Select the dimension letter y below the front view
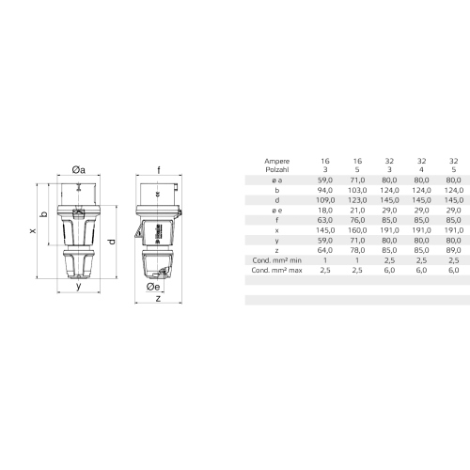point(78,288)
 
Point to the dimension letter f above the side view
point(159,169)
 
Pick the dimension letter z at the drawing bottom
point(157,301)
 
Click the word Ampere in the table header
point(276,161)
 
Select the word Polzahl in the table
point(276,170)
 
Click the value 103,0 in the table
point(356,190)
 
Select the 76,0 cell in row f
point(357,220)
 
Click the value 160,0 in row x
point(356,229)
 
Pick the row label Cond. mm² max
point(276,269)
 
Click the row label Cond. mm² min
point(276,259)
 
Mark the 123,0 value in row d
point(356,200)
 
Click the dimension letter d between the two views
point(111,242)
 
